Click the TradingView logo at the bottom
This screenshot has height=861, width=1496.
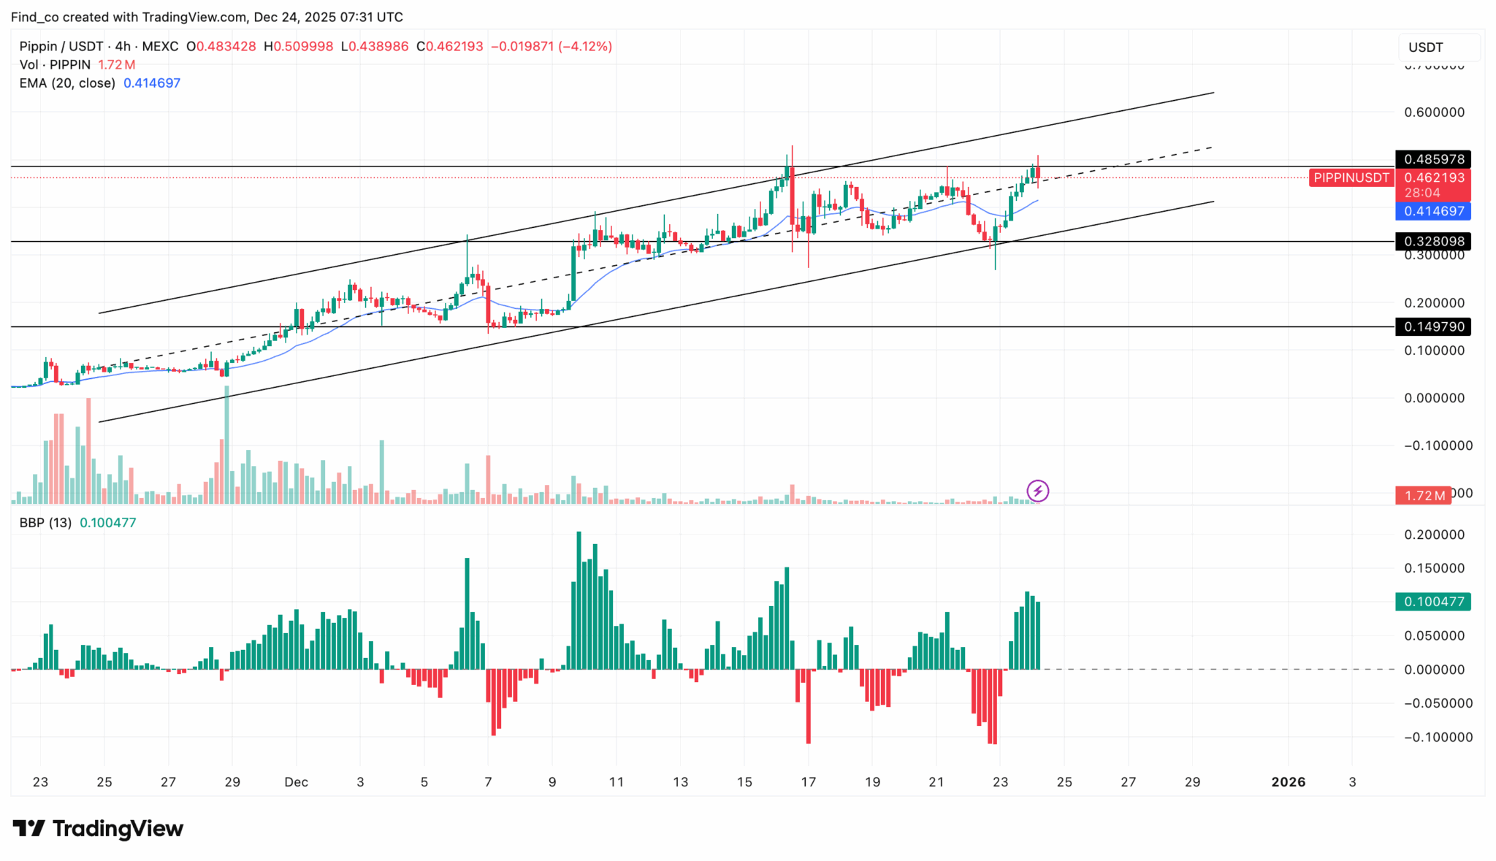pos(98,829)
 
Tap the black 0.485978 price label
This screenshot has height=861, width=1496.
pos(1433,159)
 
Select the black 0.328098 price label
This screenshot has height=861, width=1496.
pos(1433,241)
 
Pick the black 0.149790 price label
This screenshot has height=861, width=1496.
pos(1433,326)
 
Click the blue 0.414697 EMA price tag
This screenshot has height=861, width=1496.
pos(1433,211)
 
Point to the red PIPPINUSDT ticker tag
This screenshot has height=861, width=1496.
pos(1351,177)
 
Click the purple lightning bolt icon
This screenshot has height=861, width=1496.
pos(1037,491)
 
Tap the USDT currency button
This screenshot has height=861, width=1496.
pos(1425,47)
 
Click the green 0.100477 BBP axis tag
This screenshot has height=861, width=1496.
pos(1433,602)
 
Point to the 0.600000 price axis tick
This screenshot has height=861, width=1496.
pos(1434,112)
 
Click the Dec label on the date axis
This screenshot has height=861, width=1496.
pos(296,782)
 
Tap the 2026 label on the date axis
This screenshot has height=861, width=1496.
pos(1288,782)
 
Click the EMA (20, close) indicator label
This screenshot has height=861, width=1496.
pos(67,83)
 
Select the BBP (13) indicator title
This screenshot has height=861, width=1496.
pos(45,523)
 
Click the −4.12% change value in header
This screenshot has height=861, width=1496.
pos(584,47)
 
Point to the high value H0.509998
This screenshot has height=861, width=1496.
pos(298,47)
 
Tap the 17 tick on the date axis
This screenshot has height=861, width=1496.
pos(808,782)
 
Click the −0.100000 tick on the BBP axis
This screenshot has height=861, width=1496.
pos(1434,738)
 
